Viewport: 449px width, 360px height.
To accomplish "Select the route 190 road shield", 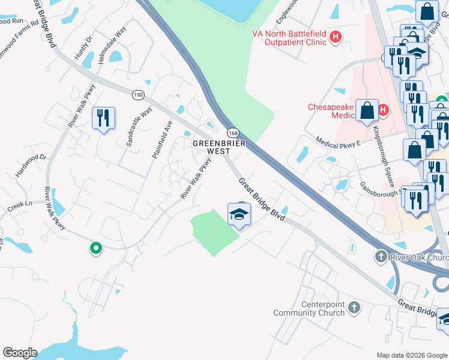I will [138, 95].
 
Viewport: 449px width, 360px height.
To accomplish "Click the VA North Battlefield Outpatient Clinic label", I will [288, 37].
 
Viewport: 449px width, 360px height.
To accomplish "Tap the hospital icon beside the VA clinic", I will [336, 38].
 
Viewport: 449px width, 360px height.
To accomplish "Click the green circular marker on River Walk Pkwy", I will [95, 247].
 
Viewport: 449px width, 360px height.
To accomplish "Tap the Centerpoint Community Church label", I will [309, 308].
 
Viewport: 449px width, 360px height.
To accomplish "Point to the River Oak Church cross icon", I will [381, 257].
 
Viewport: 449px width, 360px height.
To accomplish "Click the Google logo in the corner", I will [20, 353].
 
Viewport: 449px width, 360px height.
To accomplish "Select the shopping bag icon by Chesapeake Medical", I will [366, 111].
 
